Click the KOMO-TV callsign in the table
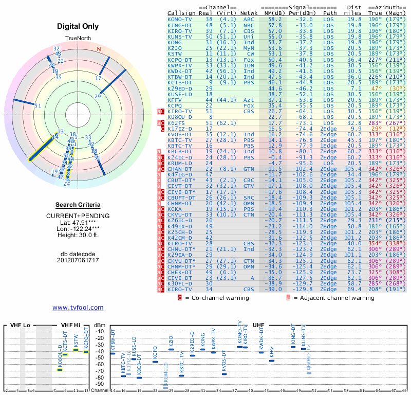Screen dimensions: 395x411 tap(179, 19)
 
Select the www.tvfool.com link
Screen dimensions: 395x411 tap(78, 307)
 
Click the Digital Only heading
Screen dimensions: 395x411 tap(78, 26)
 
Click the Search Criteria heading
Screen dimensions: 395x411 tap(78, 205)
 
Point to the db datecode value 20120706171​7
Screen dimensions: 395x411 tap(78, 260)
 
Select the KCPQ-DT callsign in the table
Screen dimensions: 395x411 tap(179, 59)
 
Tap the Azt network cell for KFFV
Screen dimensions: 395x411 tap(249, 99)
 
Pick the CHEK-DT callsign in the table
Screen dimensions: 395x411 tap(179, 272)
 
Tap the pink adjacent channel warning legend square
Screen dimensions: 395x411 tap(288, 297)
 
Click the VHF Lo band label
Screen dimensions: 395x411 tap(20, 325)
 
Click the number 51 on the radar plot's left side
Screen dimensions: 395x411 tap(38, 105)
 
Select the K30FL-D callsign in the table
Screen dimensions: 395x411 tap(179, 283)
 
